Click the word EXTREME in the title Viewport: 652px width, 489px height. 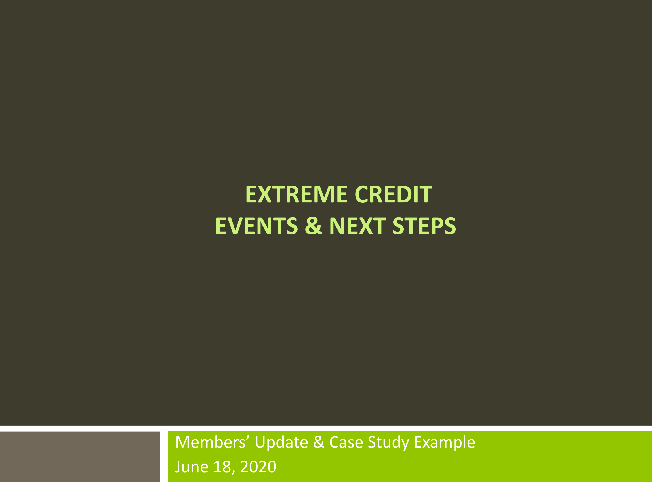tap(297, 194)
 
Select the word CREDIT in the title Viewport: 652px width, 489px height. tap(394, 194)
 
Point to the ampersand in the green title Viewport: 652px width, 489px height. tap(313, 226)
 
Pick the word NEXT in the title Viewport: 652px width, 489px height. tap(357, 226)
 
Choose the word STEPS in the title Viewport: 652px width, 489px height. tap(424, 226)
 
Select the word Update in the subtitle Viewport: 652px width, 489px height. tap(281, 443)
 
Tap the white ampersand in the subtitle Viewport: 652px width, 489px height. tap(319, 442)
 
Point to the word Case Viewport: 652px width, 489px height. tap(346, 442)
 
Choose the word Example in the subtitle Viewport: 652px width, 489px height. tap(445, 443)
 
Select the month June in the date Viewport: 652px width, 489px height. tap(192, 467)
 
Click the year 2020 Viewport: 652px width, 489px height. tap(258, 467)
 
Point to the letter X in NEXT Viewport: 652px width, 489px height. tap(366, 226)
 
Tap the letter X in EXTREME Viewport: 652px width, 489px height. tap(265, 194)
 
